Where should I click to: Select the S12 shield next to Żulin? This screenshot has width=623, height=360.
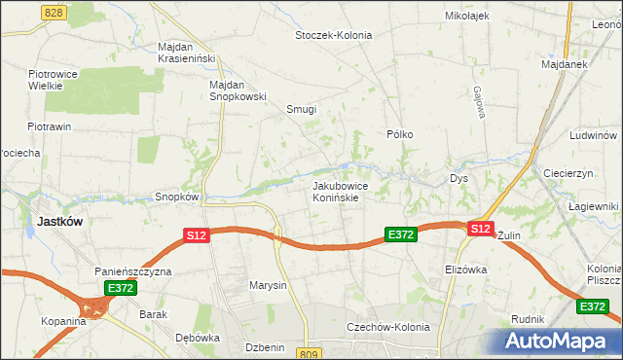480,229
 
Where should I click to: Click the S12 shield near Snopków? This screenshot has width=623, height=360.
197,235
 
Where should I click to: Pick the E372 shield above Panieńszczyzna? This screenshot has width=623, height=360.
121,288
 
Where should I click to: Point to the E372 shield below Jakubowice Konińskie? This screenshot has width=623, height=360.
401,235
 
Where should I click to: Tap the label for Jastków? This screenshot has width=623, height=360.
58,221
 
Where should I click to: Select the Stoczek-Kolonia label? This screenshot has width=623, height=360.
334,35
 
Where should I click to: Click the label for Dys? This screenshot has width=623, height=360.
459,179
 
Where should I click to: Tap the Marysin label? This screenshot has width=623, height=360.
268,285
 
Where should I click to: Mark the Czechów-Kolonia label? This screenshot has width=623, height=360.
387,327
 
